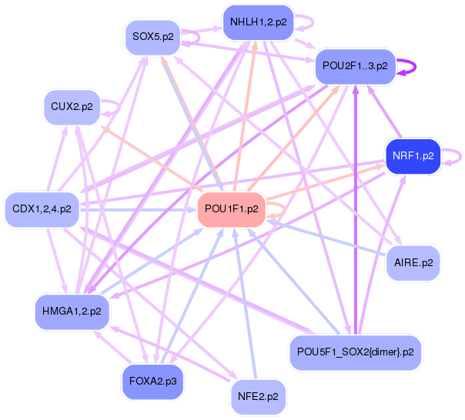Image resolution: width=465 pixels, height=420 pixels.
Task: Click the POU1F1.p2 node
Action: coord(231,209)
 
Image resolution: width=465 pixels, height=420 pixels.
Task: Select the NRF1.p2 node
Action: coord(413,156)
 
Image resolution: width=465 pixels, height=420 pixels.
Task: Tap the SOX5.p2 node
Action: coord(152,37)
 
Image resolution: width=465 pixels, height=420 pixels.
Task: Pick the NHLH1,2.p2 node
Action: coord(259,22)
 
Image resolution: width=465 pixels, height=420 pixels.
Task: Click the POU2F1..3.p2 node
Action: coord(355,66)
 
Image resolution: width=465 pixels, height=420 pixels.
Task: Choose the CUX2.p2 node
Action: coord(72,107)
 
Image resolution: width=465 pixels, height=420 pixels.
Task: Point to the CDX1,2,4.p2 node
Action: coord(42,209)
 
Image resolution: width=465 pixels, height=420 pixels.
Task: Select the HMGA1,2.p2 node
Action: coord(72,312)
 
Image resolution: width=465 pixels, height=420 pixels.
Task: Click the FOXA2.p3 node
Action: coord(152,382)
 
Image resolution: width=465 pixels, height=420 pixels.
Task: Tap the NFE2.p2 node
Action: coord(259,397)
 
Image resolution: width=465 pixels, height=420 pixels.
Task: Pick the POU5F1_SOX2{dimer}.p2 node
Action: coord(355,352)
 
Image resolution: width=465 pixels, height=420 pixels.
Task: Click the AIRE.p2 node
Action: coord(413,263)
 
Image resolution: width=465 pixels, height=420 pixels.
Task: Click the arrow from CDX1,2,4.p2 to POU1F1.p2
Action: coord(139,210)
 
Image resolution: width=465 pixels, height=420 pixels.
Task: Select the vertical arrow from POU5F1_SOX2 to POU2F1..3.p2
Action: coord(356,210)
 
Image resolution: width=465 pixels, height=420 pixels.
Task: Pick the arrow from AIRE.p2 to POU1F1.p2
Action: coord(326,238)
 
